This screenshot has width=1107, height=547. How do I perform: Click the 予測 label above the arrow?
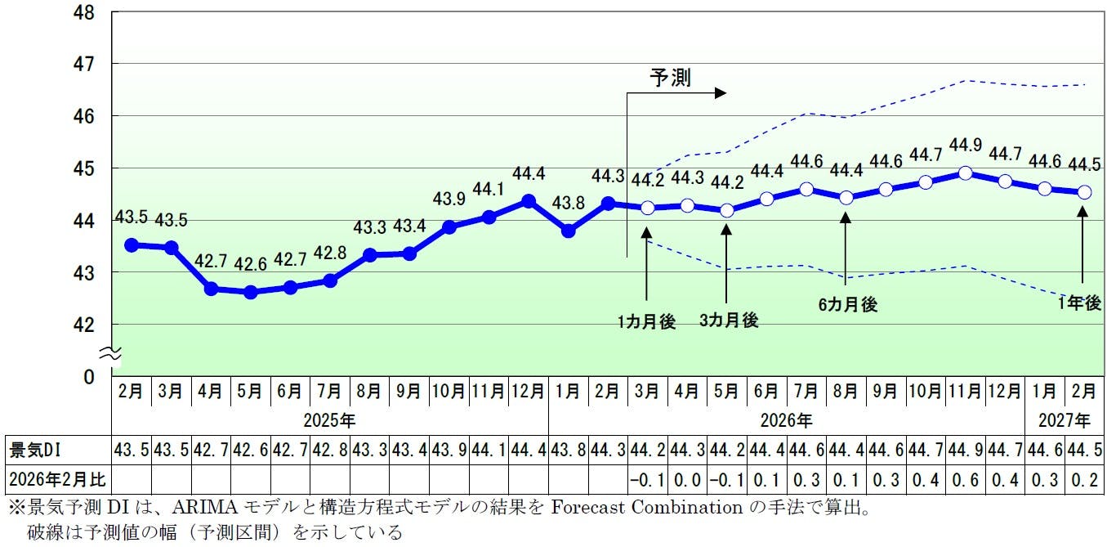pyautogui.click(x=670, y=78)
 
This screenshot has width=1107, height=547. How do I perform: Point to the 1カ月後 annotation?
pyautogui.click(x=647, y=321)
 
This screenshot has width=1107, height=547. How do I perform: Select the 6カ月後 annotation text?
pyautogui.click(x=847, y=305)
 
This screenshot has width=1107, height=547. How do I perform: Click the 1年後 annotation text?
pyautogui.click(x=1079, y=303)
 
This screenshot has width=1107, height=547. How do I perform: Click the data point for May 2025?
pyautogui.click(x=251, y=292)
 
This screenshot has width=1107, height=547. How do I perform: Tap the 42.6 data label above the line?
pyautogui.click(x=251, y=265)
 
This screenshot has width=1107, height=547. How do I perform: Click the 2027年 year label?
pyautogui.click(x=1065, y=421)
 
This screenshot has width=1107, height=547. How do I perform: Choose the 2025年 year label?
pyautogui.click(x=329, y=421)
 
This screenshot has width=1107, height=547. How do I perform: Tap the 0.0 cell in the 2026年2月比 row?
pyautogui.click(x=688, y=478)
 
